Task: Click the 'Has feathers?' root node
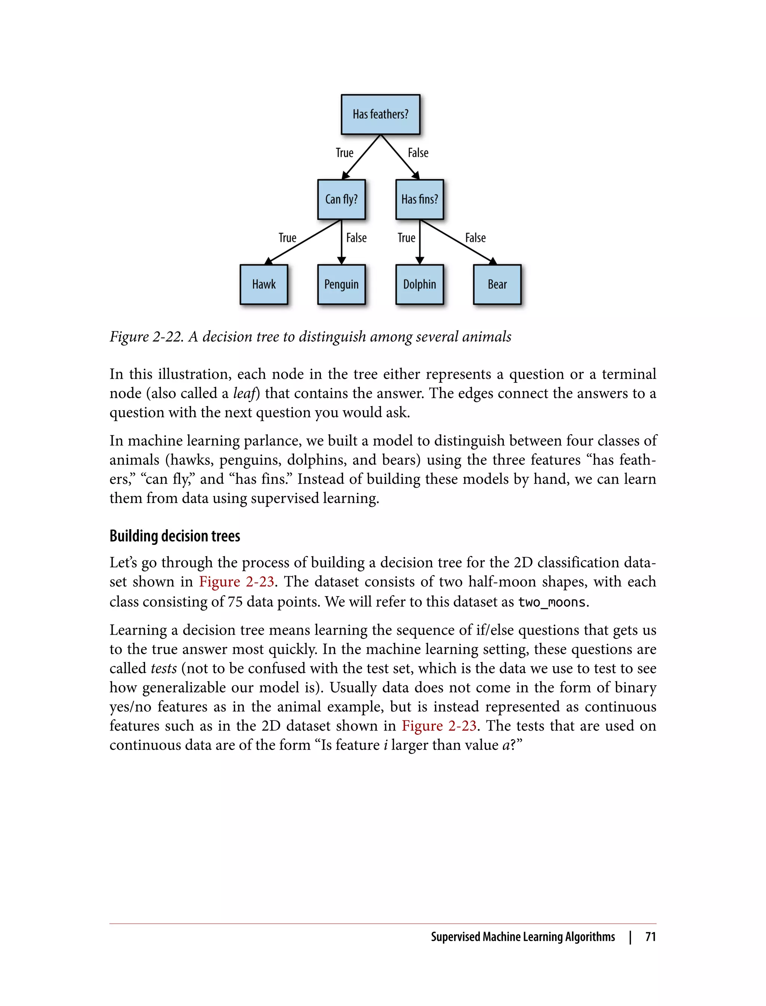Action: (x=380, y=114)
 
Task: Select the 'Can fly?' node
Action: (x=341, y=199)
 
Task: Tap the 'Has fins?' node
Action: (x=420, y=199)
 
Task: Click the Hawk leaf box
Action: (x=264, y=284)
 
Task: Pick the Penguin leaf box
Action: (x=341, y=284)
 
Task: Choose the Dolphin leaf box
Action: (x=420, y=284)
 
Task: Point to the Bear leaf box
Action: (x=497, y=284)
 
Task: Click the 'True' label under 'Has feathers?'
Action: (x=344, y=153)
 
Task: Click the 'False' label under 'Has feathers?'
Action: (x=418, y=153)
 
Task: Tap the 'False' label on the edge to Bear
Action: (x=475, y=238)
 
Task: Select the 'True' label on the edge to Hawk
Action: (x=287, y=238)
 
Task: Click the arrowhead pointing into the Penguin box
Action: (x=341, y=260)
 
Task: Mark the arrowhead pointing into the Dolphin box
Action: (x=420, y=260)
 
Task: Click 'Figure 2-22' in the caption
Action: (x=146, y=337)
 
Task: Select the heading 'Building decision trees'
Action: (x=175, y=536)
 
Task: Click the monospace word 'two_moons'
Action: (x=551, y=602)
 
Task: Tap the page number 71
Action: (x=650, y=937)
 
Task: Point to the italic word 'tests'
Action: (x=164, y=668)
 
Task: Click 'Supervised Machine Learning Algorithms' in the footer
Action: (x=523, y=937)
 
